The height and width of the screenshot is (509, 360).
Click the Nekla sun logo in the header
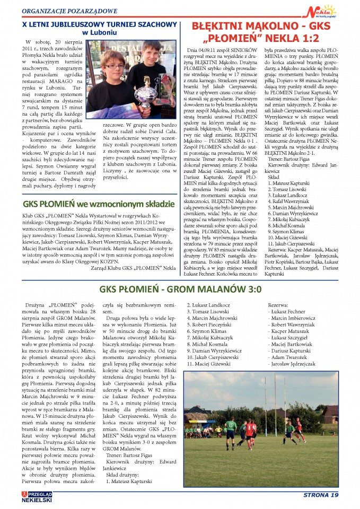click(324, 10)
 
